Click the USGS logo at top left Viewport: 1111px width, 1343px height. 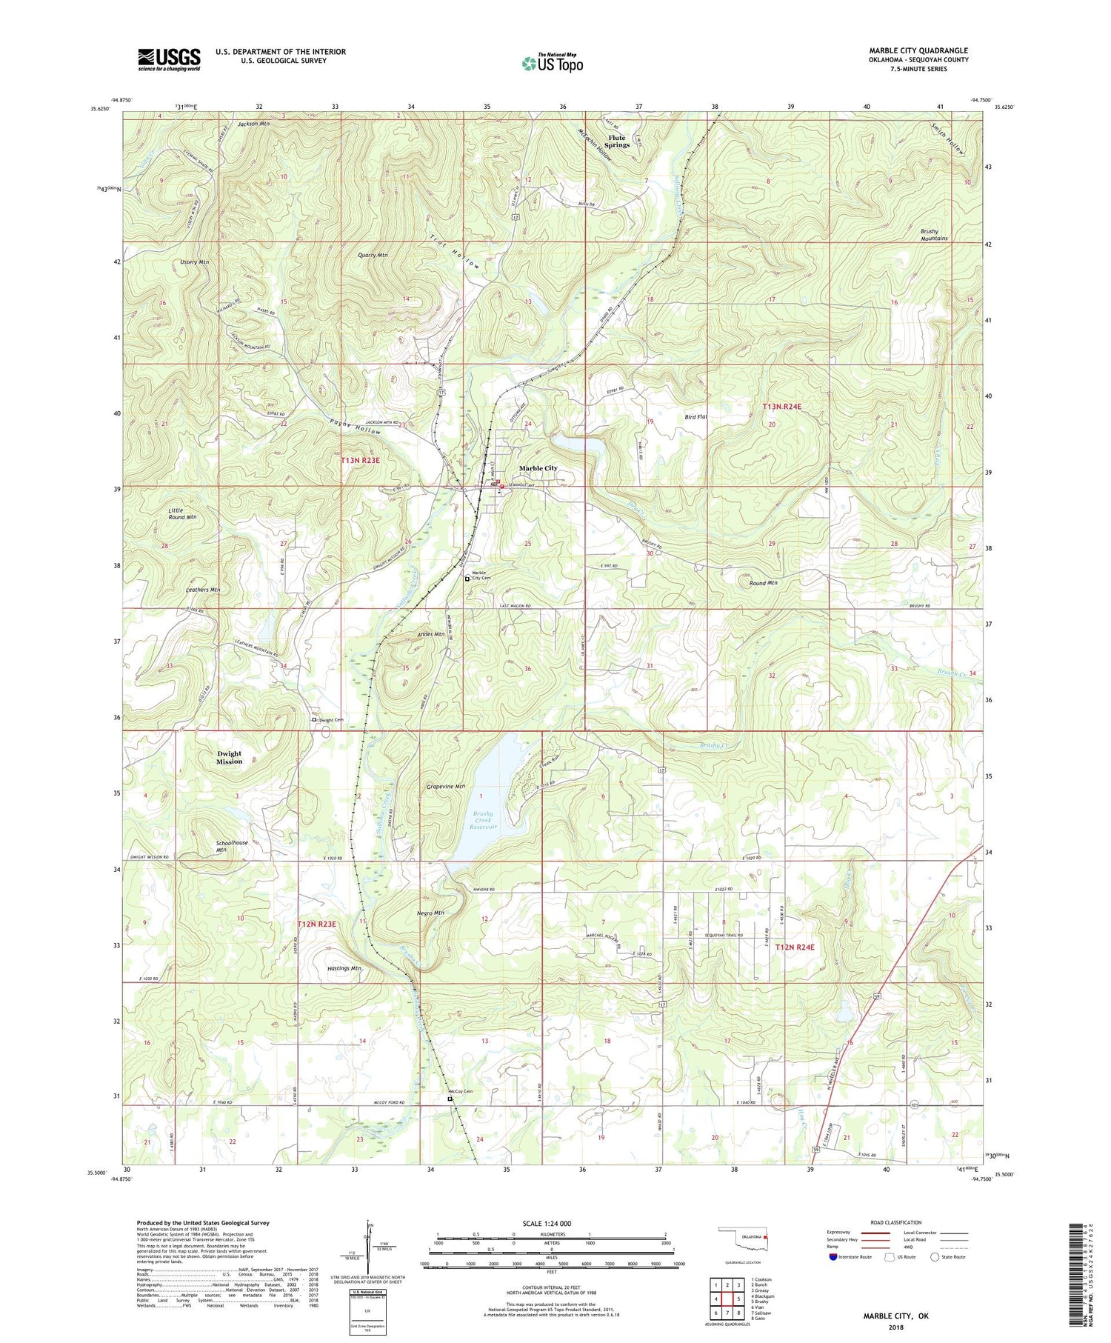tap(169, 59)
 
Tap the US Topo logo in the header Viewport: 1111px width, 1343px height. tap(553, 63)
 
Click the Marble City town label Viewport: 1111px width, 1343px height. tap(538, 468)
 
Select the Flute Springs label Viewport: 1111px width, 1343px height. tap(616, 141)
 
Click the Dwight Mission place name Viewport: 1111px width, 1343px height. tap(229, 757)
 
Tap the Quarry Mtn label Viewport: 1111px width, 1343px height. tap(373, 255)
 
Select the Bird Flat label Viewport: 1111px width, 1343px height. tap(695, 417)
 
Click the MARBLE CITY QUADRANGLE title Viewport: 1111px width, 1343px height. tap(918, 50)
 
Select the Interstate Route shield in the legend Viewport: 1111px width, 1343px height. tap(834, 1256)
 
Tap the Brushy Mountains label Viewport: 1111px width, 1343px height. tap(934, 235)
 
